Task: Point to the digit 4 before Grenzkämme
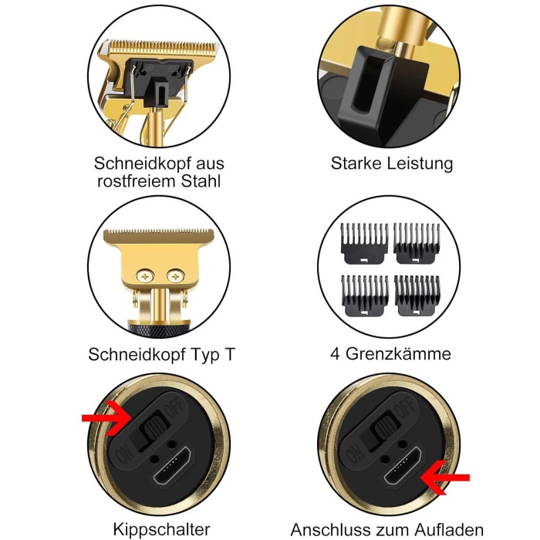pos(335,353)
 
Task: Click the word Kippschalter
pos(161,529)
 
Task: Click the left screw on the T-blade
pos(145,276)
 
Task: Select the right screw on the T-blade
pos(175,276)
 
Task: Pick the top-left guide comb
pos(364,243)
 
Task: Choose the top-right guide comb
pos(417,243)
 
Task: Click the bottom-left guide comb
pos(365,295)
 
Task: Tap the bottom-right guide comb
pos(417,295)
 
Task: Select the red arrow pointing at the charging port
pos(445,478)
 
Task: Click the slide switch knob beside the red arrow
pos(154,426)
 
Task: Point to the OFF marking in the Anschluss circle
pos(404,407)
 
